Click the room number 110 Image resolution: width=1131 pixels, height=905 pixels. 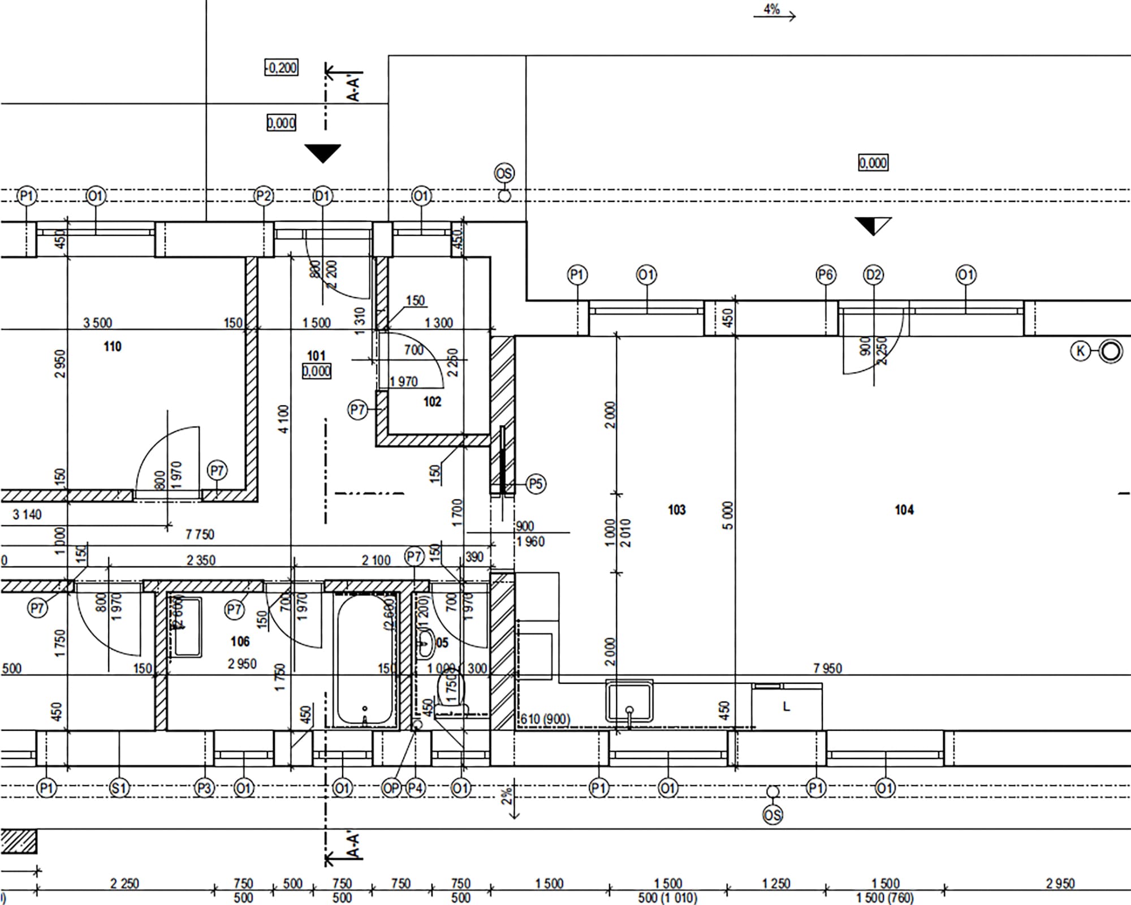coord(113,346)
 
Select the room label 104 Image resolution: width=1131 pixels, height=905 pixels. coord(904,510)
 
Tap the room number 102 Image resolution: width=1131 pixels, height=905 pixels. coord(432,402)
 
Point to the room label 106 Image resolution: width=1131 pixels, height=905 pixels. coord(240,641)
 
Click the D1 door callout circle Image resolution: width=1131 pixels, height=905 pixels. coord(322,196)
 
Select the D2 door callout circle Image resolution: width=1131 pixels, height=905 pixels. coord(873,275)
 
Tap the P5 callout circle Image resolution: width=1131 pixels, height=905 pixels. coord(536,484)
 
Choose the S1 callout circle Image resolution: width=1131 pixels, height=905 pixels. coord(119,788)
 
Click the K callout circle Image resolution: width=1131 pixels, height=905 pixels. coord(1080,351)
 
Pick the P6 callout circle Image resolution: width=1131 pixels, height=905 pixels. coord(826,275)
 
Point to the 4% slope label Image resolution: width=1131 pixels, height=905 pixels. coord(772,9)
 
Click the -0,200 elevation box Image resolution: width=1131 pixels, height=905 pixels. coord(282,68)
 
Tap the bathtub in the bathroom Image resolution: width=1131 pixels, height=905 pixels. coord(365,660)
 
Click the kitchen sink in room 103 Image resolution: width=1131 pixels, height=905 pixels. coord(629,701)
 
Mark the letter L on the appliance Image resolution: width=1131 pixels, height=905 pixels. coord(786,706)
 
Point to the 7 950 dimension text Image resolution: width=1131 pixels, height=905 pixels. coord(827,669)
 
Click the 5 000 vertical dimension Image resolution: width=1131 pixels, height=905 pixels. coord(728,515)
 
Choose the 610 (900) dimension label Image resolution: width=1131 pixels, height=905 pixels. coord(545,719)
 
